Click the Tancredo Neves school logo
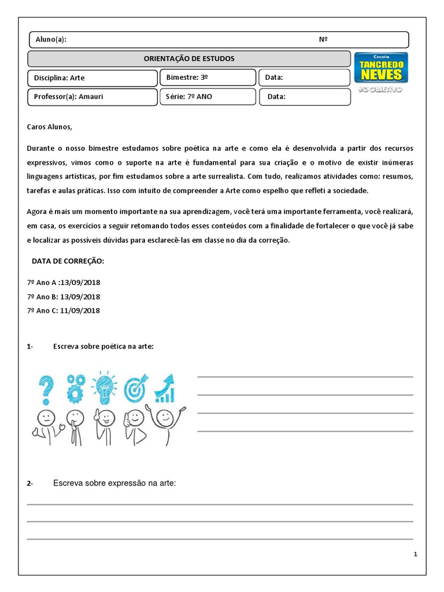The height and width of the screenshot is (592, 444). coord(380,68)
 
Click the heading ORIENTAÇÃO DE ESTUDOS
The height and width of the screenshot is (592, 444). coord(189,58)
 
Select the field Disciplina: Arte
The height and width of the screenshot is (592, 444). coord(92,77)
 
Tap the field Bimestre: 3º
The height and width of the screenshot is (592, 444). coord(208,77)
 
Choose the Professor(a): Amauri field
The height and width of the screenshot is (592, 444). coord(92,97)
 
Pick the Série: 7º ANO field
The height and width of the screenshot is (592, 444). coord(208,97)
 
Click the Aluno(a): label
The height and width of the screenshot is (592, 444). coord(51,39)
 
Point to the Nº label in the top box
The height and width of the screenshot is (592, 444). coord(323,39)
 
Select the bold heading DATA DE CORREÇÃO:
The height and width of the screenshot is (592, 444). coord(68,261)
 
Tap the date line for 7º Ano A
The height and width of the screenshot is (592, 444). coord(64,283)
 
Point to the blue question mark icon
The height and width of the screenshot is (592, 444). coord(46,388)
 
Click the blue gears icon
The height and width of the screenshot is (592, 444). coord(75,387)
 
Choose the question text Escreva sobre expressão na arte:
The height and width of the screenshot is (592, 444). coord(114,483)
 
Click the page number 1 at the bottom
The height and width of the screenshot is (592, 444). coord(415,554)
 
